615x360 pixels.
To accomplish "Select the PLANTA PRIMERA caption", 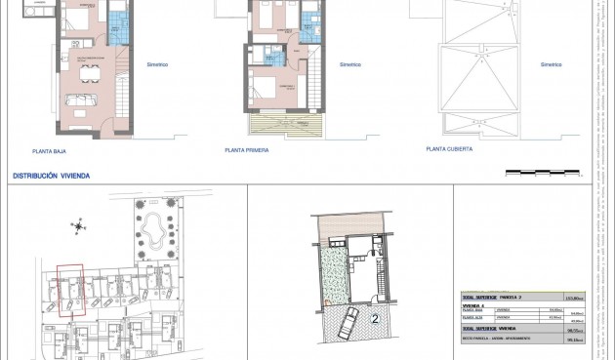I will coord(247,151).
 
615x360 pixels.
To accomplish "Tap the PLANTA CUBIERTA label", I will coord(449,149).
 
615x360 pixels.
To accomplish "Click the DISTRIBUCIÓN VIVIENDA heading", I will coord(51,176).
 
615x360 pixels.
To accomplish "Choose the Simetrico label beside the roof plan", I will coord(552,65).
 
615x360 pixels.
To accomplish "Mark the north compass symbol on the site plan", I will coord(77,227).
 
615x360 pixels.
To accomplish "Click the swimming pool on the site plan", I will coord(153,231).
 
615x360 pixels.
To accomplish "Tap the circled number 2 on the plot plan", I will coord(375,318).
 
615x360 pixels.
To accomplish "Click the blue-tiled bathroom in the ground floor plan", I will coord(116,27).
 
